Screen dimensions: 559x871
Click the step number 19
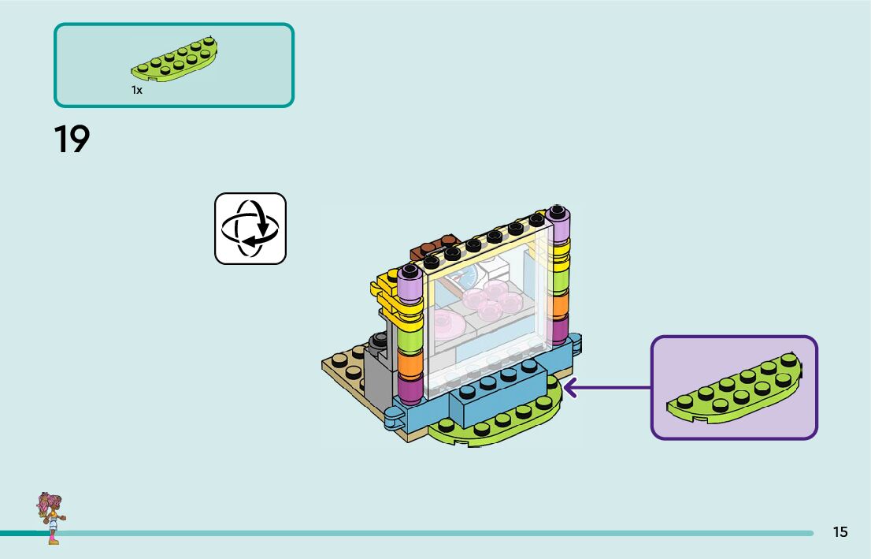(72, 139)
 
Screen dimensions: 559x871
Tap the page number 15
(840, 532)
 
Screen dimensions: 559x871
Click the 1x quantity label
(137, 91)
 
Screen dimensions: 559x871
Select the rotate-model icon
(250, 229)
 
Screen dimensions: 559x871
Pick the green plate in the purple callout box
(735, 388)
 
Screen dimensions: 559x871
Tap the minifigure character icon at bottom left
(51, 517)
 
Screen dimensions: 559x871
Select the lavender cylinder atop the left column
(409, 281)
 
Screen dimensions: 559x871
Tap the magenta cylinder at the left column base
(410, 389)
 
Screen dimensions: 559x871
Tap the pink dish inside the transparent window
(447, 324)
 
